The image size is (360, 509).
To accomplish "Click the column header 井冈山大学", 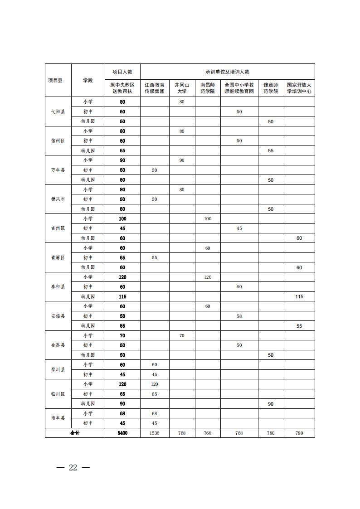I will (x=182, y=88).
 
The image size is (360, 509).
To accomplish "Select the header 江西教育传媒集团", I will (x=155, y=88).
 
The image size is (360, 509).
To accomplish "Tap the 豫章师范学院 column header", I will (x=271, y=88).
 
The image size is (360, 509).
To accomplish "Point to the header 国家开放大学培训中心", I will (x=299, y=88).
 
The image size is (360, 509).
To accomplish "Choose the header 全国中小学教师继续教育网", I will (x=239, y=88).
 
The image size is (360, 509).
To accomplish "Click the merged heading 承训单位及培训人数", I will (x=227, y=72).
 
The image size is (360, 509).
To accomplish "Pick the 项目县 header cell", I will (x=55, y=80).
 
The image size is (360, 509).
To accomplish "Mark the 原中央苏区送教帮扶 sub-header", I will (x=122, y=88).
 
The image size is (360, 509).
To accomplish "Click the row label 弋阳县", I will (x=58, y=111).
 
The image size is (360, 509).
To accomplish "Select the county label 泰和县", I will (x=58, y=287).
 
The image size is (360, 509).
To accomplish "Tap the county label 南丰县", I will (x=58, y=418).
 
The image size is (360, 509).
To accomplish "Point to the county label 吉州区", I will (x=58, y=228).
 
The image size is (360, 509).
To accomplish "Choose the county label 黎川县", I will (x=58, y=369).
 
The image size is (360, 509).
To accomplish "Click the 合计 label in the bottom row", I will (x=75, y=433).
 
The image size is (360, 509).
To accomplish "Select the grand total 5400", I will (x=122, y=433).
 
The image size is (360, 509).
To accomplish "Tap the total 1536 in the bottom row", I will (x=155, y=433).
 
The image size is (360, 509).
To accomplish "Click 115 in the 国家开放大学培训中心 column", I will (x=299, y=297).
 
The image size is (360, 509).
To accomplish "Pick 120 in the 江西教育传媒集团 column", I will (x=155, y=384).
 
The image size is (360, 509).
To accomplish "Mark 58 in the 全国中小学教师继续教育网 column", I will (x=239, y=316).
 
